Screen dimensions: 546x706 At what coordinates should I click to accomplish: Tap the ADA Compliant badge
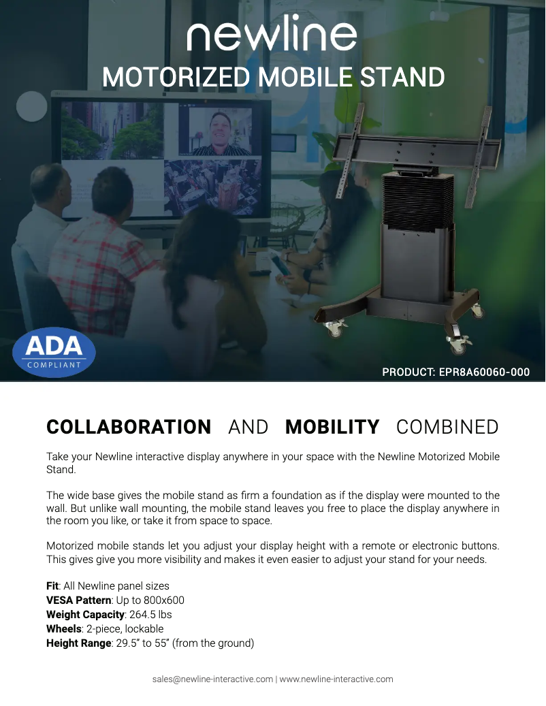[x=54, y=352]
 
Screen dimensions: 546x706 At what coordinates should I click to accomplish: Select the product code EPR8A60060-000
[x=484, y=372]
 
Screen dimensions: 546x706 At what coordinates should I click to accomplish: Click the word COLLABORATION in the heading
[x=129, y=427]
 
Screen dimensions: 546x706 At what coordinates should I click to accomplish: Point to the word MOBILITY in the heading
[x=332, y=427]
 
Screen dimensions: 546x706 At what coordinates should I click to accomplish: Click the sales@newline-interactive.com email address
[x=212, y=679]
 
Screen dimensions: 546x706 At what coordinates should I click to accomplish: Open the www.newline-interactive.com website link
[x=336, y=679]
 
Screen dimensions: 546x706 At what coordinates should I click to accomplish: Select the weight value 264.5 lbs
[x=150, y=615]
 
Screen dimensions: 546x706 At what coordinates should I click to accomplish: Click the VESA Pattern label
[x=79, y=600]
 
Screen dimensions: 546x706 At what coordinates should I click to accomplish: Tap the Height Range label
[x=79, y=643]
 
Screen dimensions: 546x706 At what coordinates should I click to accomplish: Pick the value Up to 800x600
[x=150, y=600]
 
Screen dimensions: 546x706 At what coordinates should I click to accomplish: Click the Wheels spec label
[x=64, y=628]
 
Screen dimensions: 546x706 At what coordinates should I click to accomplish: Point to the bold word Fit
[x=52, y=585]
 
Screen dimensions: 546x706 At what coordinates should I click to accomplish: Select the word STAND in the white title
[x=402, y=77]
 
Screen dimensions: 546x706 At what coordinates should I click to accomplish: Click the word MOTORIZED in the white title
[x=176, y=77]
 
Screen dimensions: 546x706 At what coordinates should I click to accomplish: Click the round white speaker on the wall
[x=31, y=106]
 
